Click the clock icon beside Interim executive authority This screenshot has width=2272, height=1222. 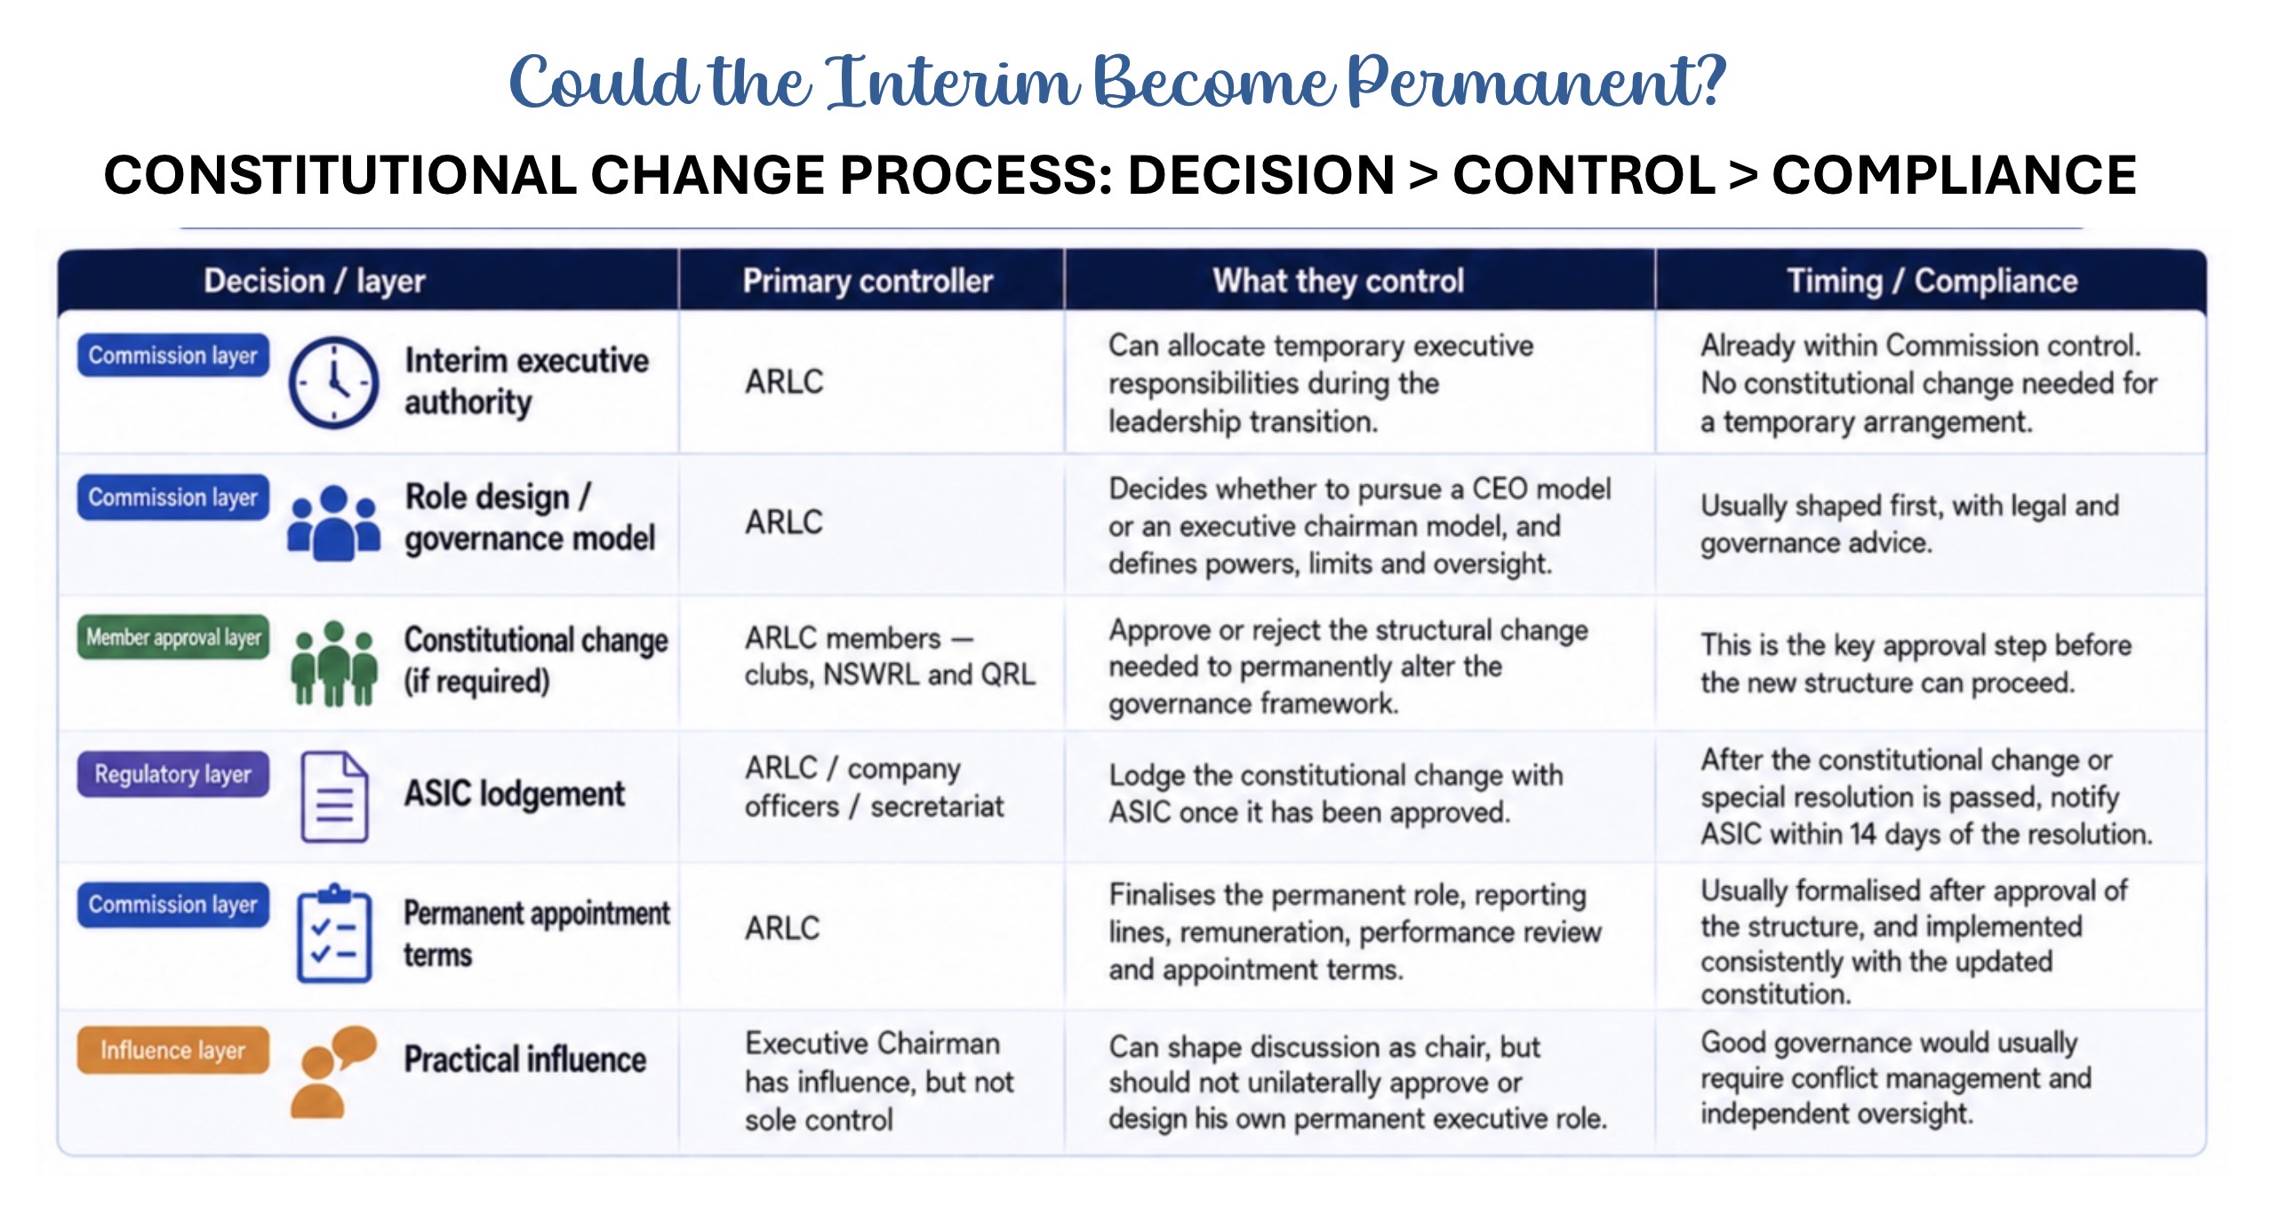tap(333, 382)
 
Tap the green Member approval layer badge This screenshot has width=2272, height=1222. tap(173, 637)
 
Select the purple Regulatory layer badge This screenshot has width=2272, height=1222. tap(173, 774)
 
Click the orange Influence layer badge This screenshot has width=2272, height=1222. tap(173, 1050)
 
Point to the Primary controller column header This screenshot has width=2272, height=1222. tap(868, 281)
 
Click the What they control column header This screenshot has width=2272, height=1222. tap(1339, 281)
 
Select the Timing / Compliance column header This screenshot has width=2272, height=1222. tap(1932, 281)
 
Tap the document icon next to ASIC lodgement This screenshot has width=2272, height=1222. tap(334, 797)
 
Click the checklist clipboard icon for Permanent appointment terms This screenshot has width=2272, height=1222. tap(334, 933)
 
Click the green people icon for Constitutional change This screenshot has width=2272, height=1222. tap(334, 664)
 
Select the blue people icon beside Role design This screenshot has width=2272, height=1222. tap(333, 523)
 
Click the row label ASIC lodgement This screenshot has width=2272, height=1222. tap(515, 794)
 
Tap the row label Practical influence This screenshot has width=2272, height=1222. tap(525, 1059)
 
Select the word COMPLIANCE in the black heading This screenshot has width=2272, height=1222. tap(1954, 174)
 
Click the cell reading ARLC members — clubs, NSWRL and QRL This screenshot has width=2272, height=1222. tap(890, 656)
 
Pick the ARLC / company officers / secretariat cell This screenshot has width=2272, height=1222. tap(875, 787)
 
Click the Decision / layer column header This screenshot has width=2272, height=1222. tap(315, 281)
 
